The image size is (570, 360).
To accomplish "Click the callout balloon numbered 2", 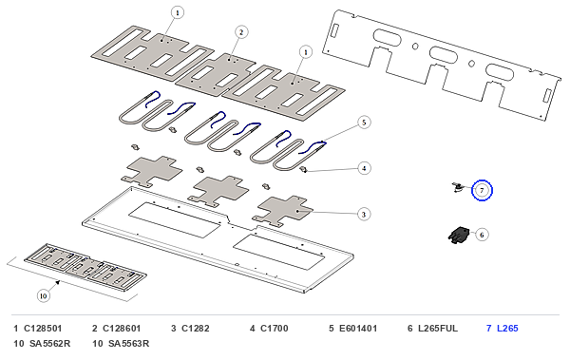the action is click(x=241, y=32).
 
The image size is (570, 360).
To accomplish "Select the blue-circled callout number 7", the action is click(x=482, y=190).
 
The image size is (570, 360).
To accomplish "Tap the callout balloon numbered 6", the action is click(x=482, y=235).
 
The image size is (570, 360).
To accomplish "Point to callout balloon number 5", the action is click(x=364, y=123).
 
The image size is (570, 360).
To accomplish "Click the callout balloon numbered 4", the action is click(x=364, y=168).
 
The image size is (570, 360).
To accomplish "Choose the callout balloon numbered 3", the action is click(x=364, y=214).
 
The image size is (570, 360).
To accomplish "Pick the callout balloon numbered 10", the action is click(x=44, y=295).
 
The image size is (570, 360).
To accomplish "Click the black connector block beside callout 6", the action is click(x=459, y=236).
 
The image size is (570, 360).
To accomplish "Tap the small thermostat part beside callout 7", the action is click(x=458, y=188).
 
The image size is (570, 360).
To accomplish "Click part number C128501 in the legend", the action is click(x=43, y=329).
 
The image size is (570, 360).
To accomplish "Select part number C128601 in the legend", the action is click(x=122, y=329).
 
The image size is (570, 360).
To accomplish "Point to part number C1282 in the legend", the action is click(x=196, y=329).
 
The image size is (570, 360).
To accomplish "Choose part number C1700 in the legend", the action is click(x=275, y=329).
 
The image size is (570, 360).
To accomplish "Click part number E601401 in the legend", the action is click(x=358, y=329).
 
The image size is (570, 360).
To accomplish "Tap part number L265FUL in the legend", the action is click(x=438, y=329).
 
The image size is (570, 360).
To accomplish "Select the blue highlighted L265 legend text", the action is click(x=507, y=329).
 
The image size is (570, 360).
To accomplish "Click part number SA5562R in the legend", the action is click(x=49, y=344).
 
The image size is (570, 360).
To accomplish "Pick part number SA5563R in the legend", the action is click(x=128, y=344).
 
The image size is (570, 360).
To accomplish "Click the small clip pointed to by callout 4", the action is click(x=304, y=169).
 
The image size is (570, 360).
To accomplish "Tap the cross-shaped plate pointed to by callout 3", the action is click(x=283, y=211).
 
